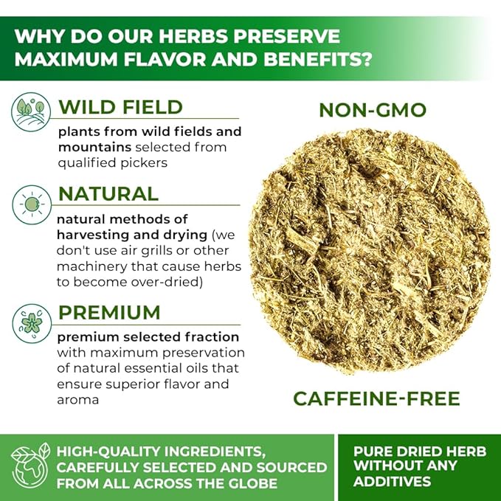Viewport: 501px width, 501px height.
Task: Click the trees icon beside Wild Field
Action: pyautogui.click(x=31, y=111)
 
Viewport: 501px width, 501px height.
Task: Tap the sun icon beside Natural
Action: pyautogui.click(x=32, y=204)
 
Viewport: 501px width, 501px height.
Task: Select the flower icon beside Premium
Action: pyautogui.click(x=32, y=323)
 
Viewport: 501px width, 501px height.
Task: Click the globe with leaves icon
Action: pyautogui.click(x=30, y=466)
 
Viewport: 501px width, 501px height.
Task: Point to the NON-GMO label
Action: pyautogui.click(x=373, y=110)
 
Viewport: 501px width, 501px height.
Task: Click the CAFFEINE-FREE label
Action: pyautogui.click(x=376, y=398)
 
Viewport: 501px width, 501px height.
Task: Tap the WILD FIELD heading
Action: pyautogui.click(x=120, y=107)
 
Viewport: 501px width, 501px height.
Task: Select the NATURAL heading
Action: pyautogui.click(x=108, y=193)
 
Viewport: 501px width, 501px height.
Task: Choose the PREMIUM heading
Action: pyautogui.click(x=109, y=312)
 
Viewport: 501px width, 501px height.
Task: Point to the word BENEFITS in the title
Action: pyautogui.click(x=318, y=59)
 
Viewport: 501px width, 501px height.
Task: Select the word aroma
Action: pyautogui.click(x=77, y=400)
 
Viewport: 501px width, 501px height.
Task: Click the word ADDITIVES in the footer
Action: pyautogui.click(x=392, y=481)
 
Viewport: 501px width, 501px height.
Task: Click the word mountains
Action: pyautogui.click(x=94, y=148)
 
